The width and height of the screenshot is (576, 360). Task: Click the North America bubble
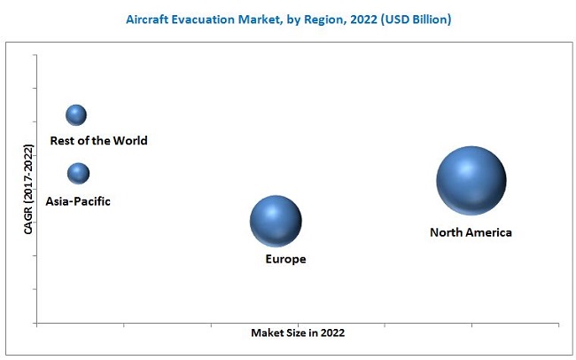[471, 180]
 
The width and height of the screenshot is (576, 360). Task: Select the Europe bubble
[276, 221]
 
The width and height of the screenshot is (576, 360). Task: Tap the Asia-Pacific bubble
[78, 173]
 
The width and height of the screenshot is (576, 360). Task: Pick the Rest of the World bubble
[76, 114]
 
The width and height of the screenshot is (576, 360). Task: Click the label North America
[471, 232]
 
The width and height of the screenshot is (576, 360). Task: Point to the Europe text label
[285, 259]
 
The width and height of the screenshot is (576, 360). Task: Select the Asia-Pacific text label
[79, 201]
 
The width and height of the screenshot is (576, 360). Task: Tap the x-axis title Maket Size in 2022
[298, 333]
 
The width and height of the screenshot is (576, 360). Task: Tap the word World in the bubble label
[130, 140]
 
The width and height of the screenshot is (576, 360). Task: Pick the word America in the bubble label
[490, 232]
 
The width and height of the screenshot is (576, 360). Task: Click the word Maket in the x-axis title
[266, 333]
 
